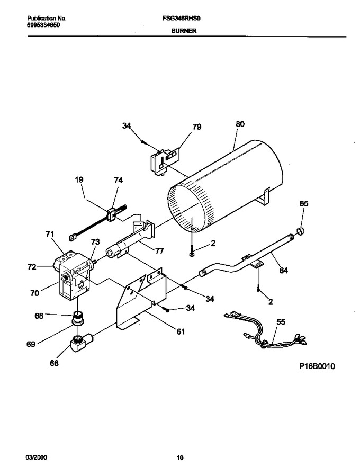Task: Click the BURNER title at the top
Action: coord(184,31)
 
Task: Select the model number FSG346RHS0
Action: coord(182,19)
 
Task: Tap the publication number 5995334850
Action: coord(43,25)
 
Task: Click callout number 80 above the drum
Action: coord(240,124)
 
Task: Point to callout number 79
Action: coord(197,127)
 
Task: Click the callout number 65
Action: coord(304,204)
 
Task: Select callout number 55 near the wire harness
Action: coord(281,322)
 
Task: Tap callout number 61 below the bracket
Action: coord(181,331)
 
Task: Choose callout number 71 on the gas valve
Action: coord(50,234)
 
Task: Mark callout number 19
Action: coord(79,180)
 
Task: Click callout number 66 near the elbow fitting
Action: coord(54,363)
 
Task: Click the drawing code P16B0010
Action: coord(317,366)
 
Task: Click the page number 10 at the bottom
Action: coord(180,457)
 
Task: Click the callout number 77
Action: coord(159,251)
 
